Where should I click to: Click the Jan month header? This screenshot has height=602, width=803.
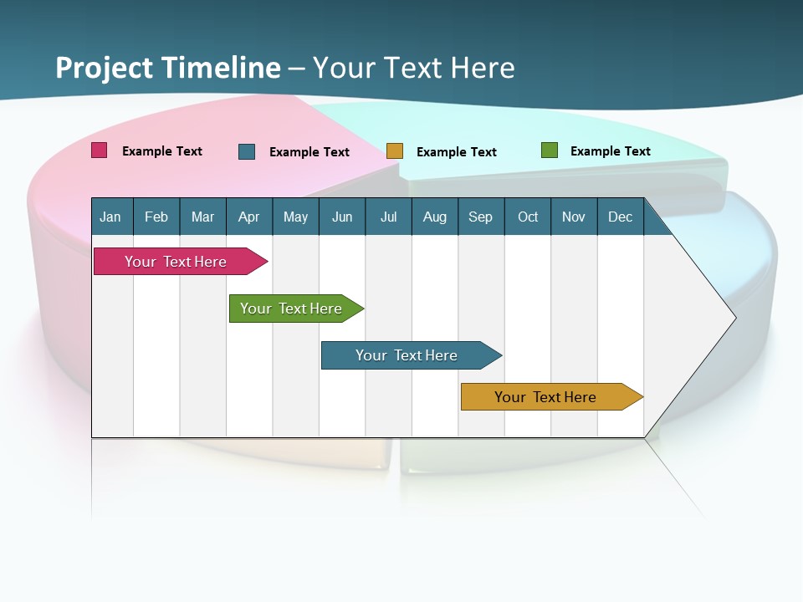tap(110, 217)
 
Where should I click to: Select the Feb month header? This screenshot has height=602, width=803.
tap(156, 217)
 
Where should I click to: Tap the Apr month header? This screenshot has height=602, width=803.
tap(249, 217)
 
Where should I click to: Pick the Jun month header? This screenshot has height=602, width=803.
tap(342, 217)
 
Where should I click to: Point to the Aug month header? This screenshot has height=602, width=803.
tap(435, 217)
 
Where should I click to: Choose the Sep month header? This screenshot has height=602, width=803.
tap(481, 217)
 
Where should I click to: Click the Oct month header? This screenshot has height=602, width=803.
tap(528, 217)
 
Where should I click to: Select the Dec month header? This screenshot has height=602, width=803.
tap(621, 217)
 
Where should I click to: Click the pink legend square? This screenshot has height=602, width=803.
tap(100, 150)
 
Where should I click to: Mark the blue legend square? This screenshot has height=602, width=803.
tap(247, 151)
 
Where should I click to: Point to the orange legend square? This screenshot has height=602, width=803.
tap(395, 151)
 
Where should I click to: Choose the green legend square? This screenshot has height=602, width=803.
tap(550, 150)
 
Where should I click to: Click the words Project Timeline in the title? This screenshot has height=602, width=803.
tap(168, 68)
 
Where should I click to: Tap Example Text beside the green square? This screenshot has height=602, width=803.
tap(610, 151)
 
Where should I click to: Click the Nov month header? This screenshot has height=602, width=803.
tap(574, 217)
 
